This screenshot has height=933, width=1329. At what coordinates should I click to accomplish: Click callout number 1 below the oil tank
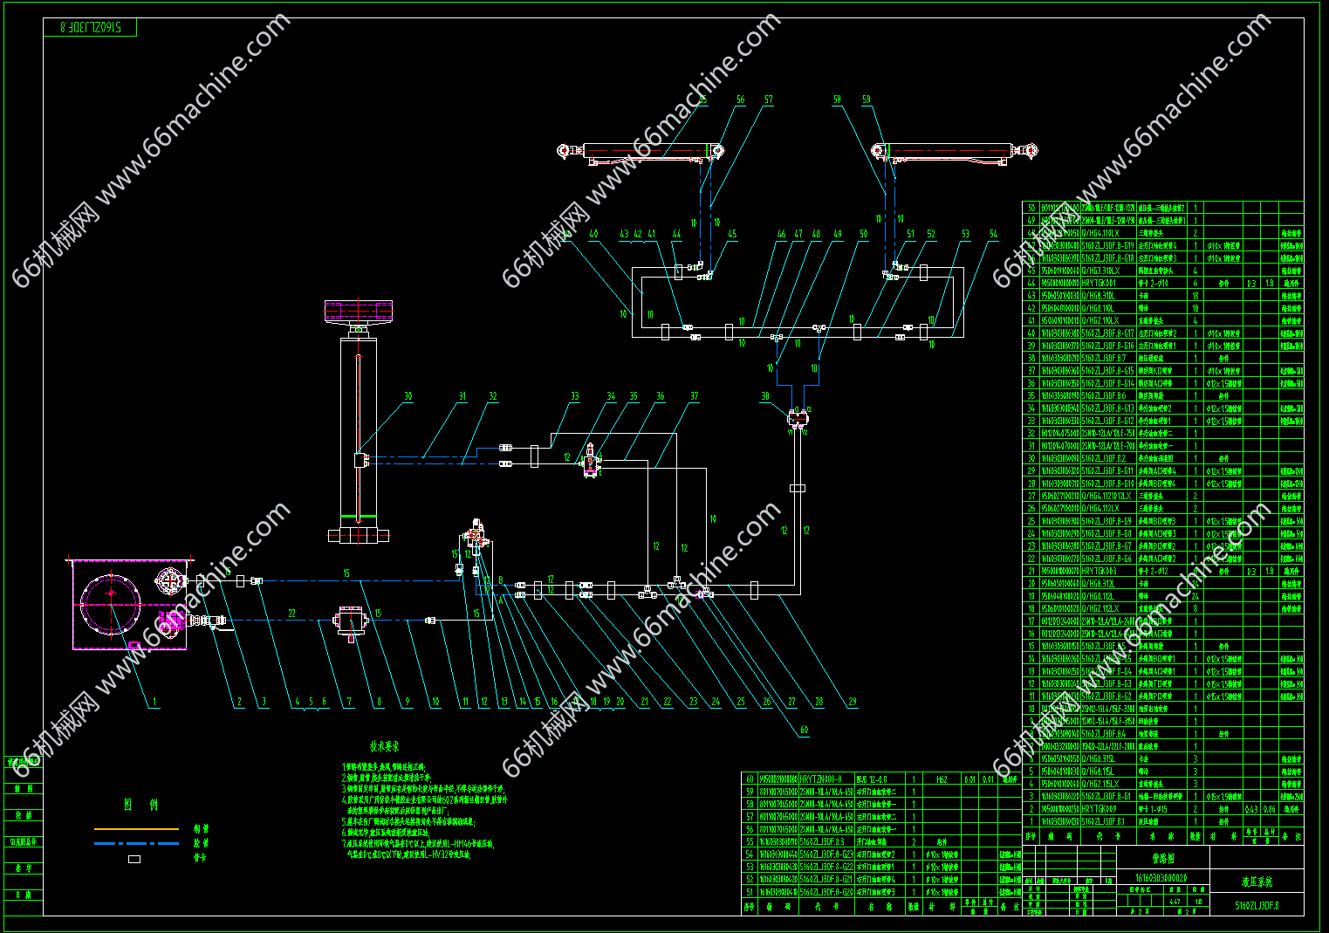tap(155, 701)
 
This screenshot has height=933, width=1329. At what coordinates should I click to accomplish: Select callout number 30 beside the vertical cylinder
tap(408, 396)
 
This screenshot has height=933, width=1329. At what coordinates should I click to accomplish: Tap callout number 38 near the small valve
tap(765, 396)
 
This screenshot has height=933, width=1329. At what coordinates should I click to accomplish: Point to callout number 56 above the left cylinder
tap(741, 99)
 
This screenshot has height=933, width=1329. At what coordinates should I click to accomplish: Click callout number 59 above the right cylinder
tap(867, 99)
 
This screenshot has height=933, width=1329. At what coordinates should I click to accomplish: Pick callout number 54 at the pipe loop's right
tap(993, 234)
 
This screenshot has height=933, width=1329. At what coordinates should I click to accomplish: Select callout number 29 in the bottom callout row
tap(852, 701)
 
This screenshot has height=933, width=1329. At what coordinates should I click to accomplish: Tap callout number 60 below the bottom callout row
tap(804, 730)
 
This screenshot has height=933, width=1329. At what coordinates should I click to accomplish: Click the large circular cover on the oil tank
tap(111, 602)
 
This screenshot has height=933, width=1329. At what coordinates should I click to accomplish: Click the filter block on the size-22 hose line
tap(351, 621)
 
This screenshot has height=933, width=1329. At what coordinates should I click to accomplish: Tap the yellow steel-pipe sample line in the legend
tap(136, 828)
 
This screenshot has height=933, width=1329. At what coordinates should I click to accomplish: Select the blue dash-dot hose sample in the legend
tap(136, 843)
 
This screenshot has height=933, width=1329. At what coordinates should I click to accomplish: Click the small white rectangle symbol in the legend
tap(134, 859)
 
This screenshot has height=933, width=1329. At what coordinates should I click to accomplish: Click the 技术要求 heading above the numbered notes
tap(384, 746)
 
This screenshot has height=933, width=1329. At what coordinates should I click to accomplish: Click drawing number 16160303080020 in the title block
tap(1160, 877)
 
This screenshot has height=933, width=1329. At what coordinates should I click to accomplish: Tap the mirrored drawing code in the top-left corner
tap(90, 28)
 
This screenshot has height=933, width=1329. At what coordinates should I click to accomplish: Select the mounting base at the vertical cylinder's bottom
tap(358, 535)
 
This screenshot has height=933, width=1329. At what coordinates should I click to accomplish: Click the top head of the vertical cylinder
tap(358, 311)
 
